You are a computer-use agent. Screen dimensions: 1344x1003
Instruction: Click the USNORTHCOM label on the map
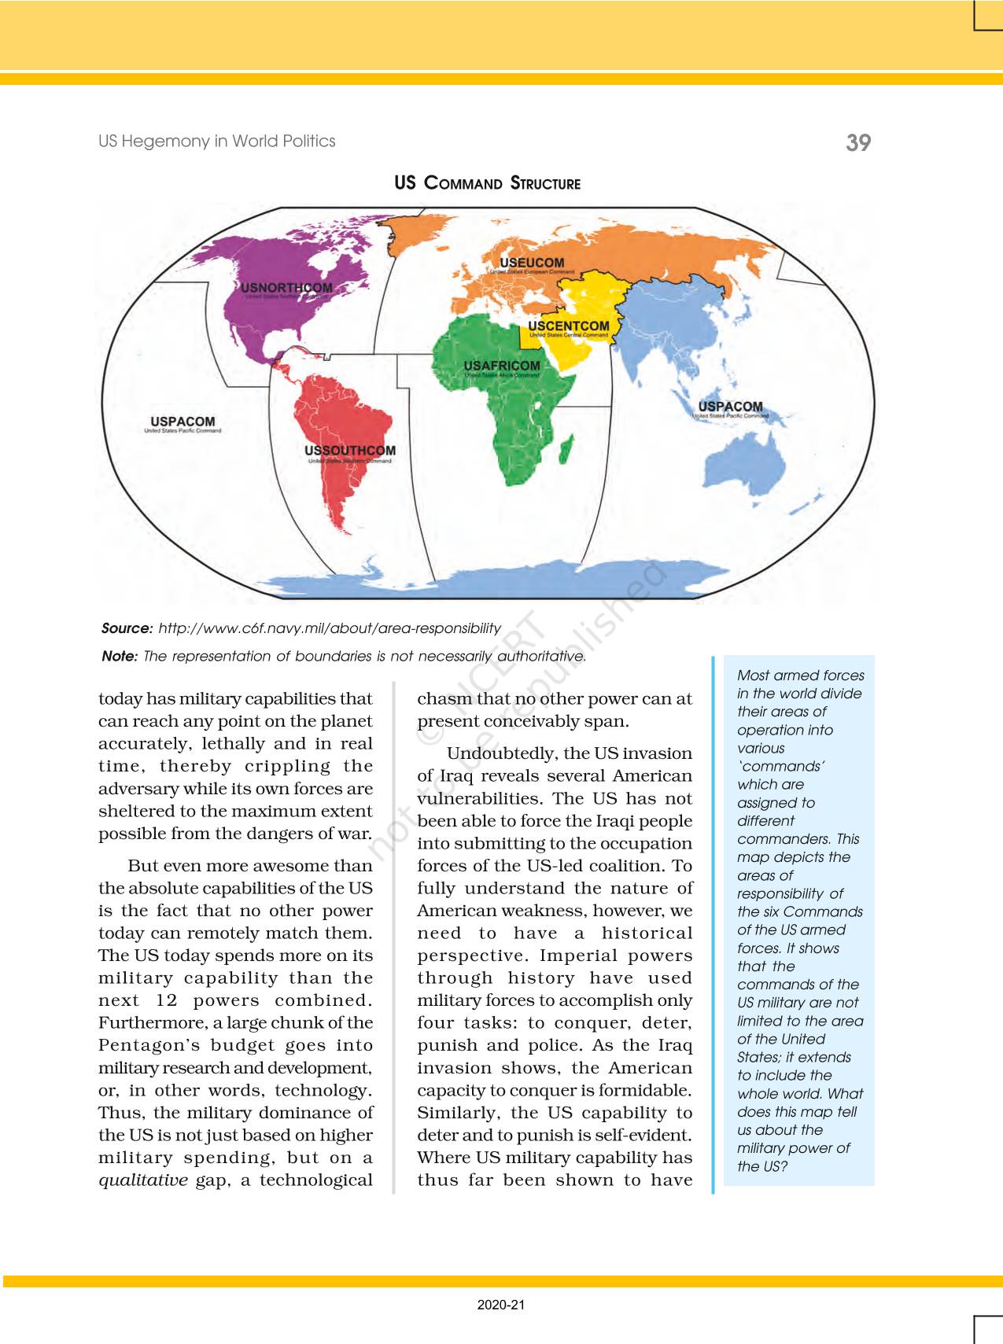[x=287, y=288]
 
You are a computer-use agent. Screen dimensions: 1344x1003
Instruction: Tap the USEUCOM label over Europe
[x=533, y=263]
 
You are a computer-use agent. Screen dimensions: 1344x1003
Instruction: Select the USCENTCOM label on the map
[x=569, y=326]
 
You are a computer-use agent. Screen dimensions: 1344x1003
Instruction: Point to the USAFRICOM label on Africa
[x=502, y=366]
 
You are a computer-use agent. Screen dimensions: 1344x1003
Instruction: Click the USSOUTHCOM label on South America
[x=350, y=451]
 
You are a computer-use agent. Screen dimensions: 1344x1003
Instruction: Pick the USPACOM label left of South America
[x=183, y=422]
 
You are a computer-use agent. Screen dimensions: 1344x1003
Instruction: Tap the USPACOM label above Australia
[x=730, y=407]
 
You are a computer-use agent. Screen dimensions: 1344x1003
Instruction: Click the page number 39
[x=858, y=142]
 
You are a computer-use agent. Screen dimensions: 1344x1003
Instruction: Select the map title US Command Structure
[x=488, y=183]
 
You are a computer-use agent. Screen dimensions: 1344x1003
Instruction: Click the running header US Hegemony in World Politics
[x=217, y=142]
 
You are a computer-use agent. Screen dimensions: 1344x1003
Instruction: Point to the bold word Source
[x=127, y=628]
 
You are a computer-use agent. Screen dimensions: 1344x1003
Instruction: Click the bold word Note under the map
[x=120, y=656]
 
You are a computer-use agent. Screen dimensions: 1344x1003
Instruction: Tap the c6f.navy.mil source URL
[x=330, y=628]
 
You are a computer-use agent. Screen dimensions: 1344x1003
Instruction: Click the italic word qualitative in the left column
[x=143, y=1180]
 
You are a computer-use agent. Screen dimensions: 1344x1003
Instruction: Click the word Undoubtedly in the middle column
[x=501, y=753]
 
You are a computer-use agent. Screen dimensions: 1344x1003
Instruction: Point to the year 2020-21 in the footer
[x=500, y=1305]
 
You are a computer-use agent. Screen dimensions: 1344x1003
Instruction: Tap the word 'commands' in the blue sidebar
[x=780, y=766]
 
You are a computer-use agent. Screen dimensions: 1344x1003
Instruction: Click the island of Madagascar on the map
[x=565, y=452]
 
